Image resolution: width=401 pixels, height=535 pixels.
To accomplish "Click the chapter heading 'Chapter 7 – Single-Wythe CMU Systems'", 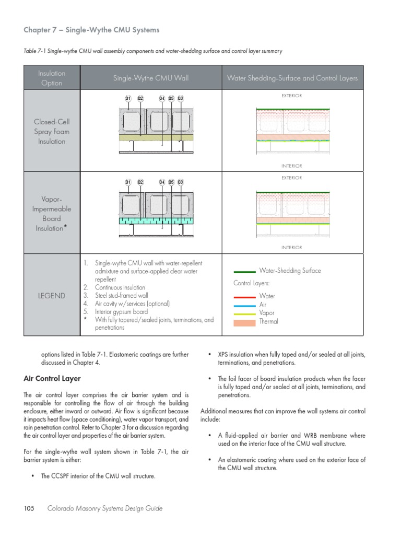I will point(91,30).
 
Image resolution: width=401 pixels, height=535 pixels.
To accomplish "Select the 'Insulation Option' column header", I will point(51,78).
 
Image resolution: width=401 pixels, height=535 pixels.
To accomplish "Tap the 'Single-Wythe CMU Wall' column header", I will point(151,78).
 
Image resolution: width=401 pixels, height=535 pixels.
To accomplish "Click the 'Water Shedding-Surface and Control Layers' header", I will point(292,78).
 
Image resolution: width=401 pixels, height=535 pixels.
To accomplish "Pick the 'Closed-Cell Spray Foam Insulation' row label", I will point(51,132).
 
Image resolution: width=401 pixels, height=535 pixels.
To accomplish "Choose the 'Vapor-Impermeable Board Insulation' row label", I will point(51,214).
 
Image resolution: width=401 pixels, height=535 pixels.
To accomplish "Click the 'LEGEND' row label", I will point(51,296).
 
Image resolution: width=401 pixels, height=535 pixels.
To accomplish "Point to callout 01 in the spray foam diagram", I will point(128,98).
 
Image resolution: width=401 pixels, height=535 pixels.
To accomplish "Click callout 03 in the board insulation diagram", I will point(181,182).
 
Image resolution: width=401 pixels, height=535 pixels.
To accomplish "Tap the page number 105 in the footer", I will point(29,508).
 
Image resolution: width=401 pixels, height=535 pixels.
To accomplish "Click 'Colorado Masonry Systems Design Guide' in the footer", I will point(105,508).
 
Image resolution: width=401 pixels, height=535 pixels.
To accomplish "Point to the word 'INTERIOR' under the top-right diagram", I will point(291,166).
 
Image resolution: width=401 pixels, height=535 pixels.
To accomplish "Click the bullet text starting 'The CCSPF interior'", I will point(98,476).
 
